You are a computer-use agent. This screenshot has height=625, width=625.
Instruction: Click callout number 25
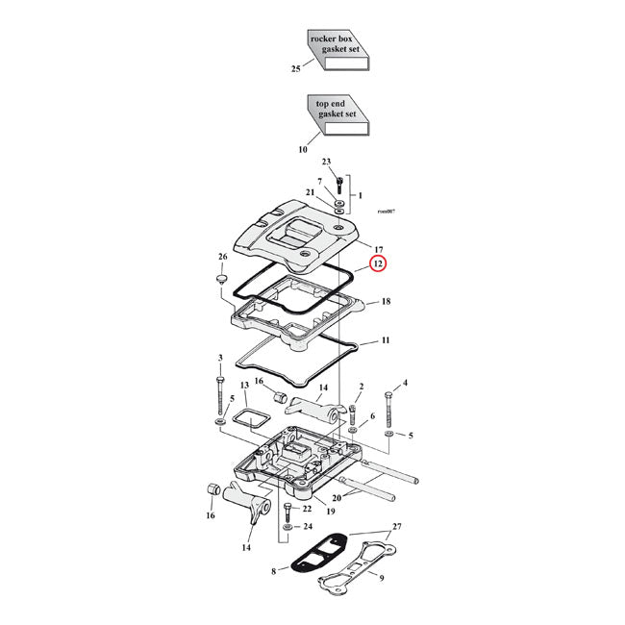point(296,69)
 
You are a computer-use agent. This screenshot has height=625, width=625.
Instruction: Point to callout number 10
point(303,149)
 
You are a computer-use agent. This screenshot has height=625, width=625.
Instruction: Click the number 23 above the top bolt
point(326,162)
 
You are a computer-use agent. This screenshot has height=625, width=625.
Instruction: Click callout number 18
point(385,302)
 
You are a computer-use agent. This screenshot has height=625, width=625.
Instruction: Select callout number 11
point(385,340)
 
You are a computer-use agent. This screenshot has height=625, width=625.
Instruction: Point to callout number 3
point(220,358)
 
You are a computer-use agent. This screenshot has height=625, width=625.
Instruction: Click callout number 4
point(405,383)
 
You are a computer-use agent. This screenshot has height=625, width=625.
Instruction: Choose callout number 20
point(336,497)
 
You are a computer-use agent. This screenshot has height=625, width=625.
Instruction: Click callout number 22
point(307,509)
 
